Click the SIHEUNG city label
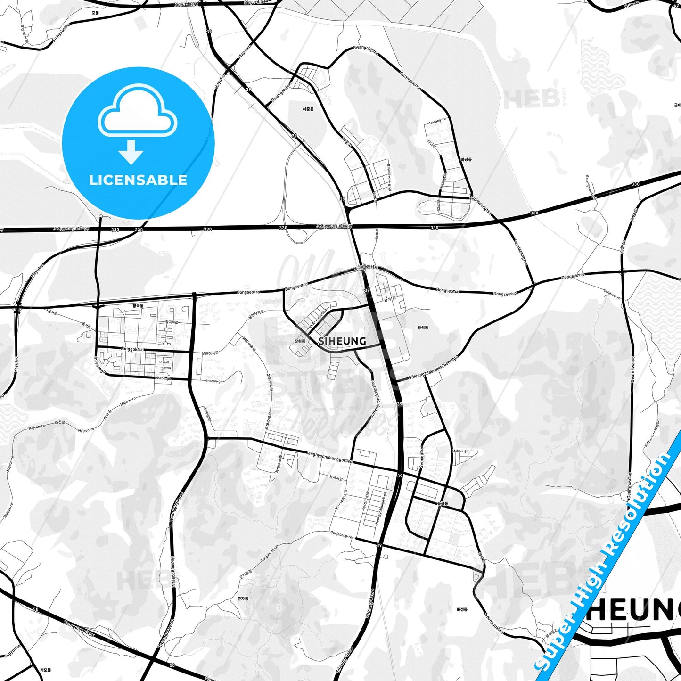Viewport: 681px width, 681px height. pyautogui.click(x=342, y=341)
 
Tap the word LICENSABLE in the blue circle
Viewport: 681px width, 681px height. pyautogui.click(x=138, y=180)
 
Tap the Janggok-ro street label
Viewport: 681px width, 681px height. pyautogui.click(x=132, y=349)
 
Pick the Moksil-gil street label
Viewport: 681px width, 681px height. pyautogui.click(x=460, y=451)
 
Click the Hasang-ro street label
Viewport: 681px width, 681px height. pyautogui.click(x=437, y=121)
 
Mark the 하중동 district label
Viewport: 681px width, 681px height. pyautogui.click(x=308, y=109)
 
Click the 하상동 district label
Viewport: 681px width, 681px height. pyautogui.click(x=466, y=160)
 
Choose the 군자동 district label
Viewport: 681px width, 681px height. pyautogui.click(x=243, y=599)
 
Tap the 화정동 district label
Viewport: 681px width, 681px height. pyautogui.click(x=462, y=609)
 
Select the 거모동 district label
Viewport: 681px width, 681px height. pyautogui.click(x=46, y=670)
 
